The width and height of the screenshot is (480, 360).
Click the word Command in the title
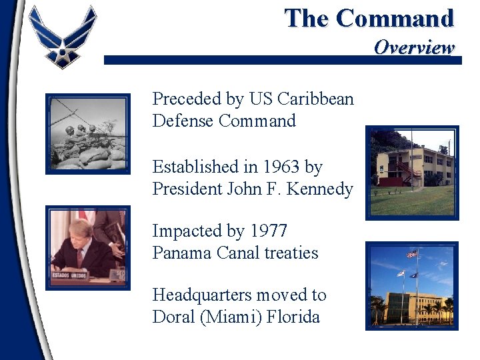395,18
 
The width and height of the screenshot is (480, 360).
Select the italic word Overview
413,47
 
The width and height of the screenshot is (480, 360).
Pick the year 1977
269,231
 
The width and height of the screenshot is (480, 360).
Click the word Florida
293,317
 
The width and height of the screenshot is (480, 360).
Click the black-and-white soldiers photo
88,133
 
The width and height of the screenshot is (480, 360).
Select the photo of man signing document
88,247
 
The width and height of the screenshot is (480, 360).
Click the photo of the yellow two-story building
411,173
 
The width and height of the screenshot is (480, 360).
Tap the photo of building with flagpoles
411,286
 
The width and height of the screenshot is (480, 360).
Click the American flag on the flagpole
412,254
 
